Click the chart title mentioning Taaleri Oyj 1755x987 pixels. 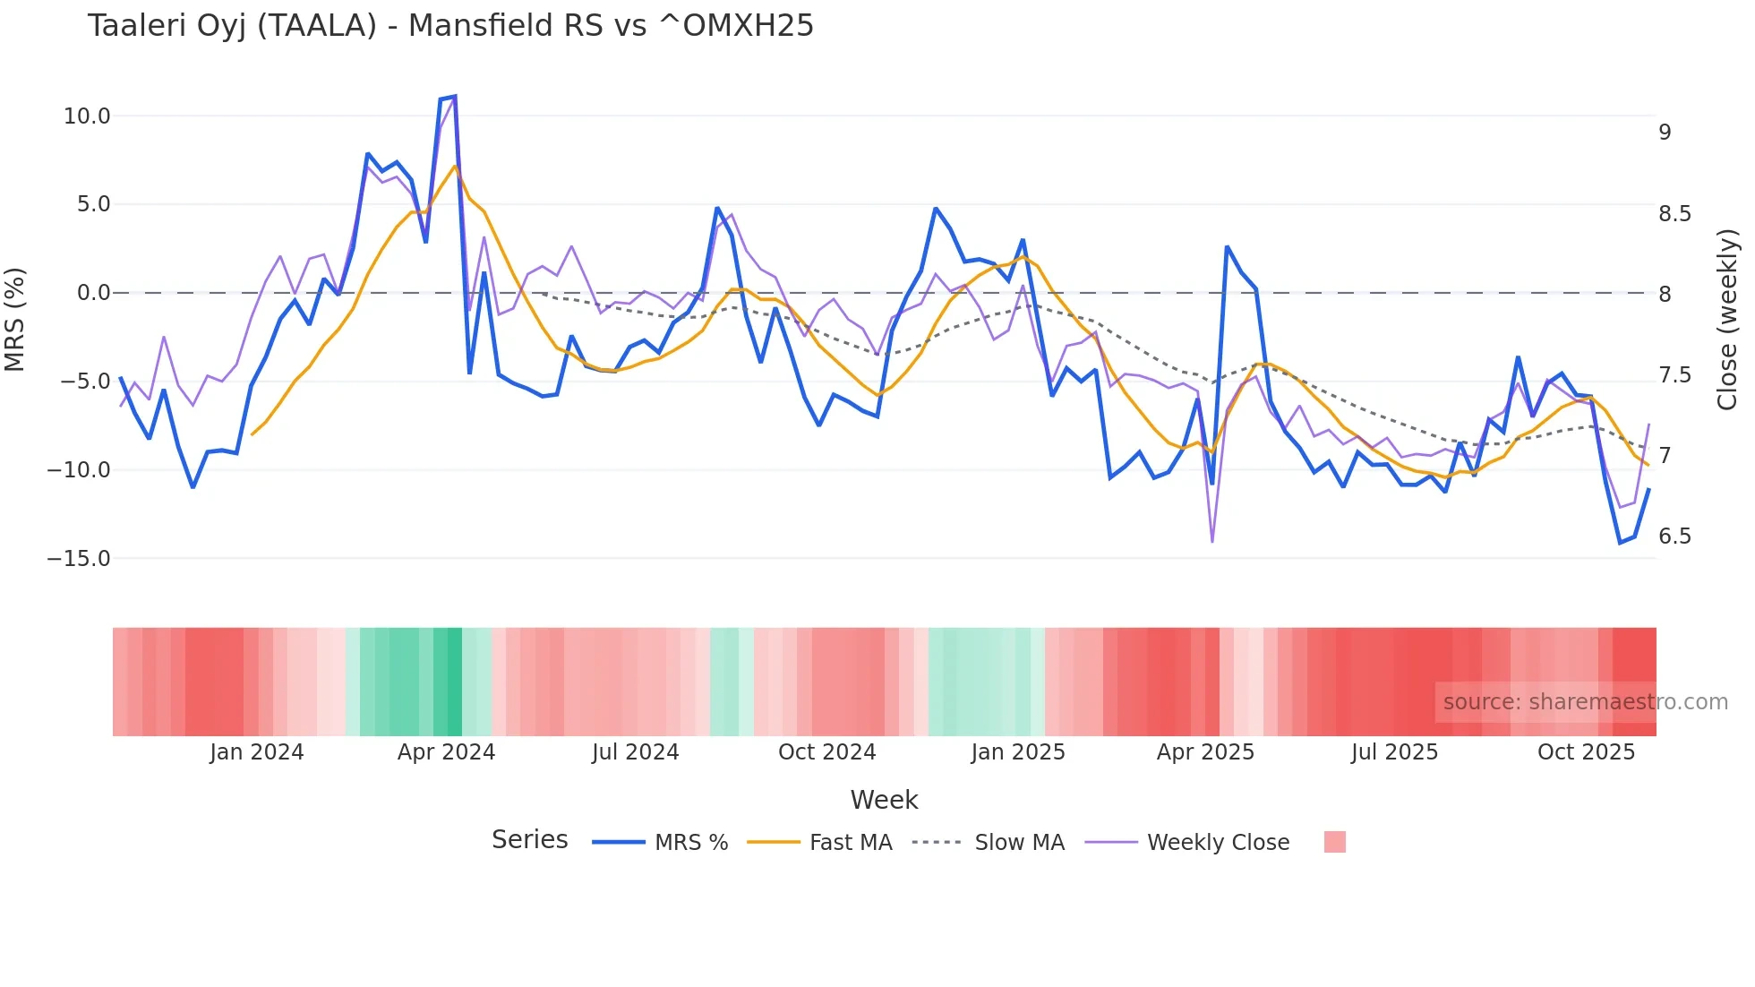click(x=450, y=26)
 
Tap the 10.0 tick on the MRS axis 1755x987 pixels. click(x=87, y=116)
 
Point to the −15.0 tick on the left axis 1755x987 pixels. click(x=79, y=559)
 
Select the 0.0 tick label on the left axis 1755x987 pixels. click(x=93, y=293)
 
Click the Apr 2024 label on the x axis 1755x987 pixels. click(x=446, y=752)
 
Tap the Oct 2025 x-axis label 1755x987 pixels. click(x=1586, y=752)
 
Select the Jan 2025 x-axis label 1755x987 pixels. click(x=1018, y=752)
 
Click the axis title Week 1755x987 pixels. click(x=884, y=800)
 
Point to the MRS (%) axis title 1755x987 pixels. click(x=15, y=319)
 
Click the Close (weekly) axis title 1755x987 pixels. click(x=1727, y=319)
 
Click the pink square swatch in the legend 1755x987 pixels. click(x=1334, y=842)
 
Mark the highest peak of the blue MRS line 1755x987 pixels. click(x=455, y=96)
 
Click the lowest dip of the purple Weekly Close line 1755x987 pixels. click(x=1212, y=542)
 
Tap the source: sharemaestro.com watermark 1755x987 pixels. click(x=1585, y=702)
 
